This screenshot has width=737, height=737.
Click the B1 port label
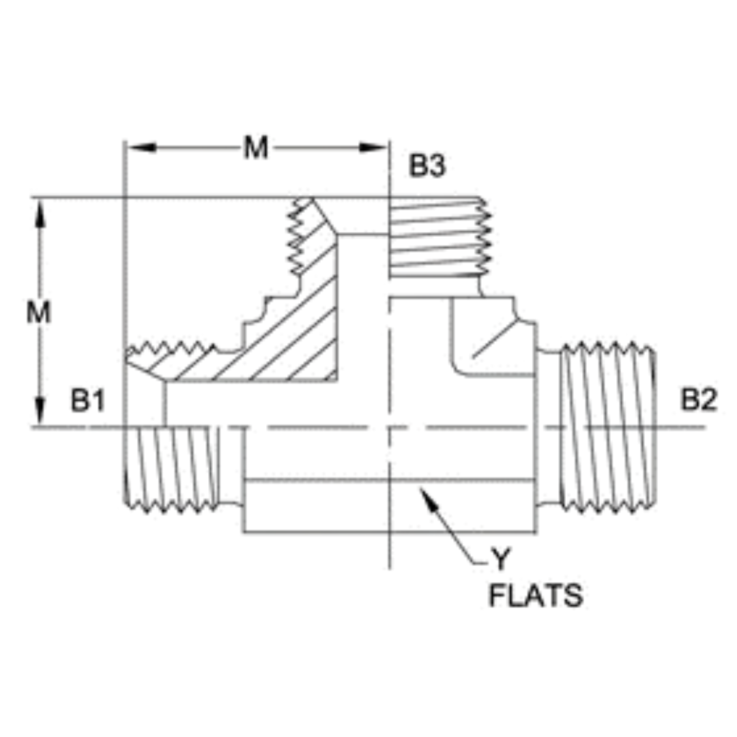[87, 402]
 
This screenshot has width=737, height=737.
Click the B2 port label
[699, 401]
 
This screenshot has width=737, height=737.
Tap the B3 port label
[427, 167]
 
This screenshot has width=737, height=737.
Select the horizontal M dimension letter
[256, 148]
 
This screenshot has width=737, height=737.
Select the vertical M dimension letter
[39, 313]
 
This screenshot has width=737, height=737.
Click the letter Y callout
[501, 560]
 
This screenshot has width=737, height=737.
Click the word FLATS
[536, 596]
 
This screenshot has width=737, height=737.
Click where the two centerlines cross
[389, 427]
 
